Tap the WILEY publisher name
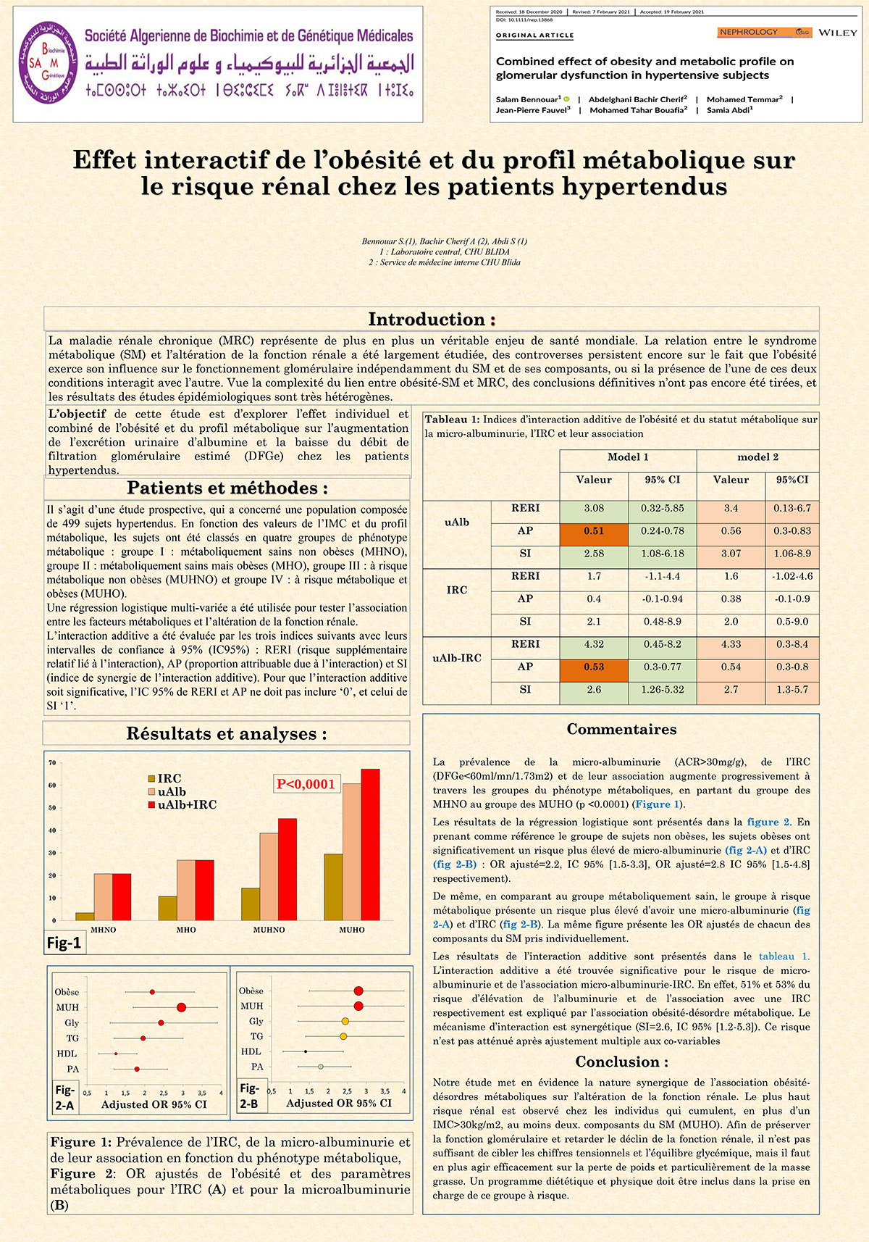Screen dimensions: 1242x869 click(x=838, y=33)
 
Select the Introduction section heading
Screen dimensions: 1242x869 click(x=432, y=319)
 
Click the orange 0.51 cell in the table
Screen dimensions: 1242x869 click(x=594, y=531)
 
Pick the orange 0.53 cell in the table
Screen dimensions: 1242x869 click(x=594, y=667)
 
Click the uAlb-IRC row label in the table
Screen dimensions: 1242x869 click(x=457, y=658)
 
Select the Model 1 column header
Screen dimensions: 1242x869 click(x=628, y=457)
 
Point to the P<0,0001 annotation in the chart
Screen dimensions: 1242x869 click(x=306, y=783)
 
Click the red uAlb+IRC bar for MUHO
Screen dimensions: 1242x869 click(x=370, y=844)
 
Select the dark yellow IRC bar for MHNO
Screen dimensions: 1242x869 click(x=85, y=916)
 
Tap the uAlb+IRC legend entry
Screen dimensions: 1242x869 click(x=187, y=805)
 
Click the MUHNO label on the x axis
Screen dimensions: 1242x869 click(x=269, y=930)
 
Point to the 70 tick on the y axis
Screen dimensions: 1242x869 click(x=52, y=762)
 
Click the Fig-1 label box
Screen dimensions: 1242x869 click(x=64, y=942)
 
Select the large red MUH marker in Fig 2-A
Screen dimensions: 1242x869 click(x=182, y=1007)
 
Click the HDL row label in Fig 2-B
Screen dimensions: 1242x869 click(x=251, y=1051)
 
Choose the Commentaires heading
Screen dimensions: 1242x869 click(x=621, y=730)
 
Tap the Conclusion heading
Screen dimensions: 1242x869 click(x=622, y=1062)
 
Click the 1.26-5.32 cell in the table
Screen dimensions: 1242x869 click(x=663, y=690)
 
